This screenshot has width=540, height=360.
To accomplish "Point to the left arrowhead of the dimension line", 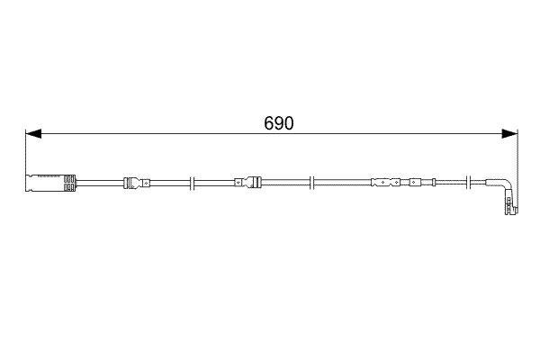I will [x=32, y=134].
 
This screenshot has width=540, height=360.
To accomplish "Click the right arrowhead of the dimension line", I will [x=510, y=134].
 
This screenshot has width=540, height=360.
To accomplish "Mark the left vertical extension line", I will [x=24, y=153].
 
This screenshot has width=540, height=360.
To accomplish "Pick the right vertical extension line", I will [x=518, y=153].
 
